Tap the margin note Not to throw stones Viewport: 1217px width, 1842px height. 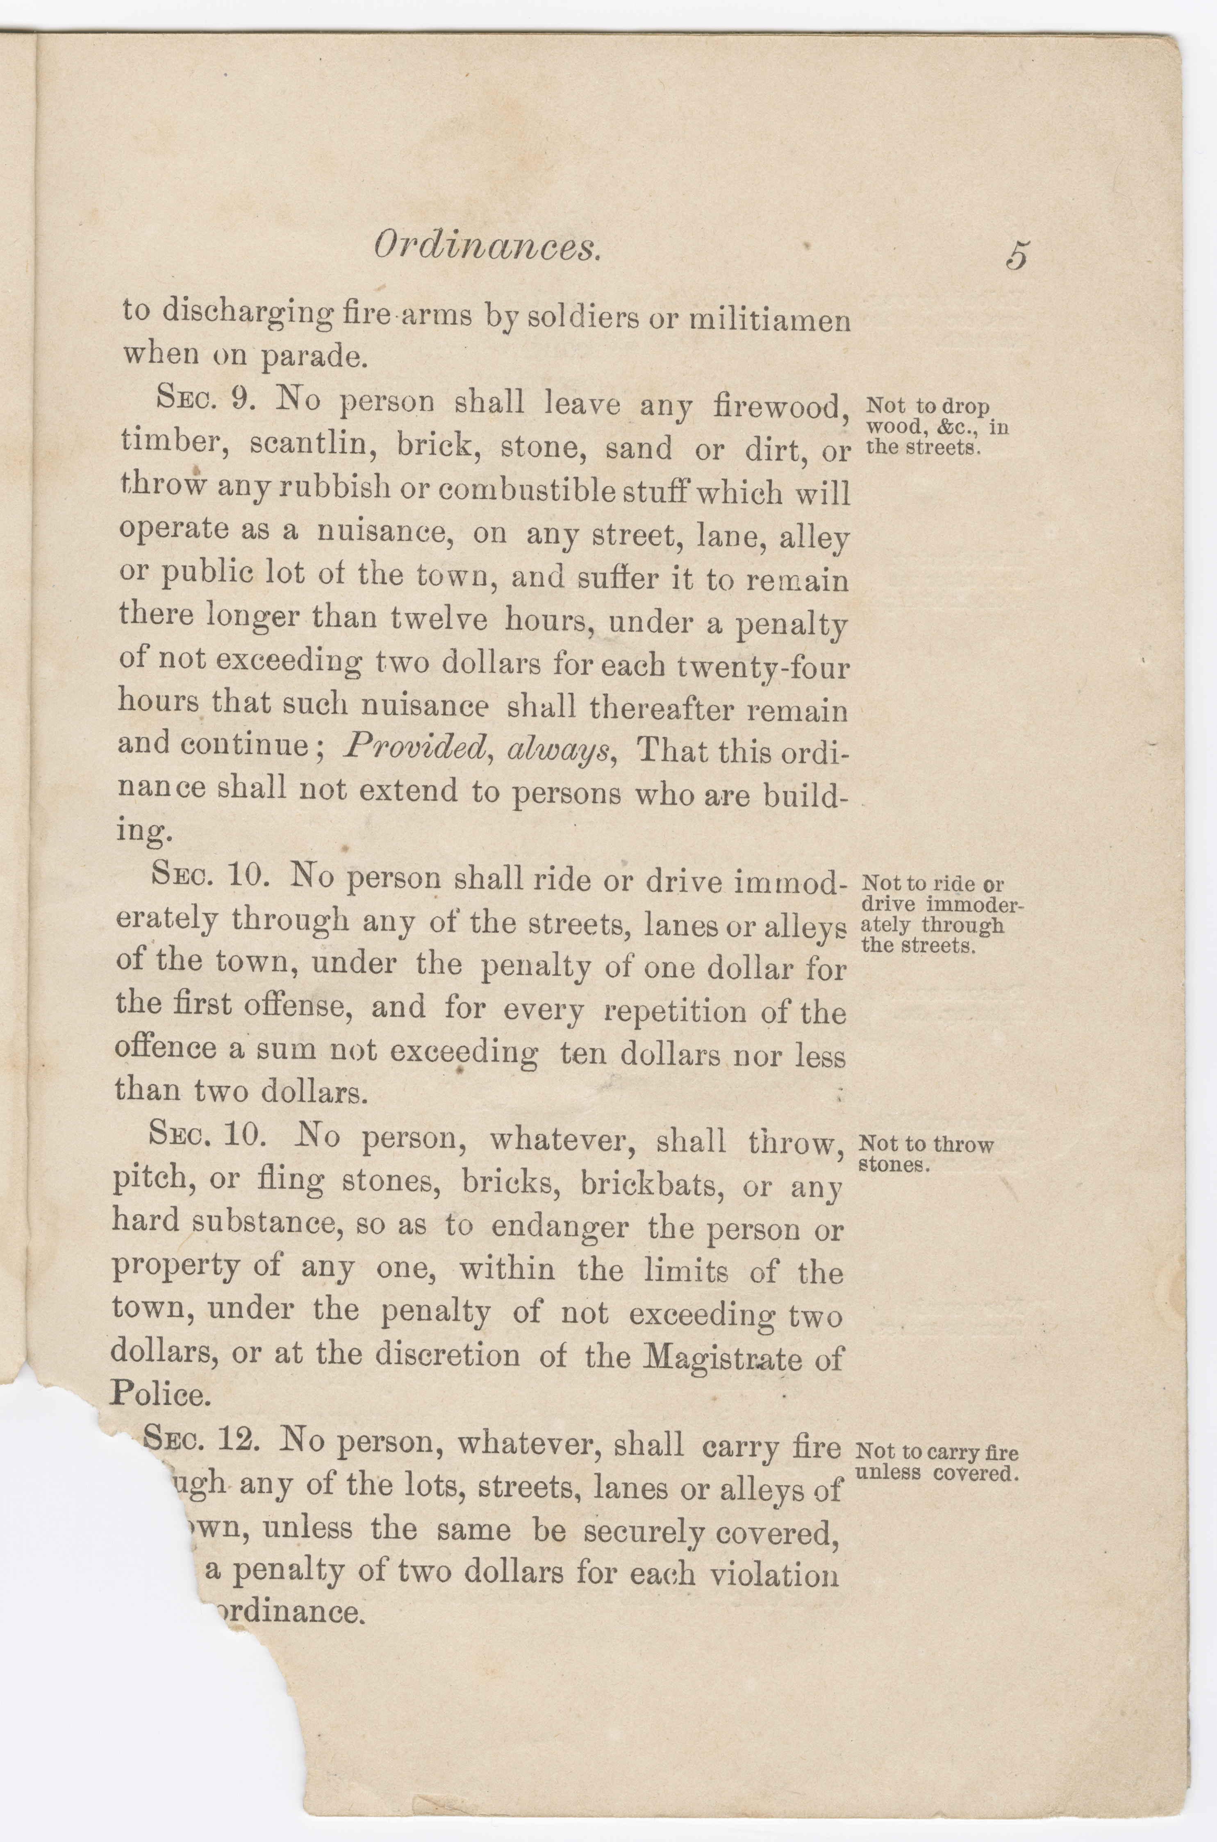[x=924, y=1154]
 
